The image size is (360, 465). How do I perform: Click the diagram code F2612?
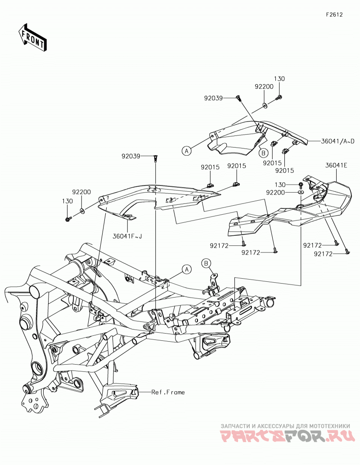[334, 14]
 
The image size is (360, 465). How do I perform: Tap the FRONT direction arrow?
[32, 37]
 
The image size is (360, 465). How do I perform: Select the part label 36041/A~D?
[337, 141]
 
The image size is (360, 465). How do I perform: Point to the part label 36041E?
[336, 166]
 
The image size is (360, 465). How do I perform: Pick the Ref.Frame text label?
[168, 392]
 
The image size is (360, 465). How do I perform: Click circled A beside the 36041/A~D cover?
[186, 151]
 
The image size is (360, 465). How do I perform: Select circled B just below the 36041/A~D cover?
[263, 153]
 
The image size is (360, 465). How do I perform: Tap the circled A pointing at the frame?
[187, 269]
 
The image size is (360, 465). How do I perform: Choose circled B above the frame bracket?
[206, 263]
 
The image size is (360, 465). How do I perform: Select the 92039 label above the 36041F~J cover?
[130, 156]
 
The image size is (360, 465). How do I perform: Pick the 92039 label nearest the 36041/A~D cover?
[213, 98]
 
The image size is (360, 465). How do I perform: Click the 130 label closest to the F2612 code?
[279, 79]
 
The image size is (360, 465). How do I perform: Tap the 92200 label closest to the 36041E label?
[275, 193]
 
